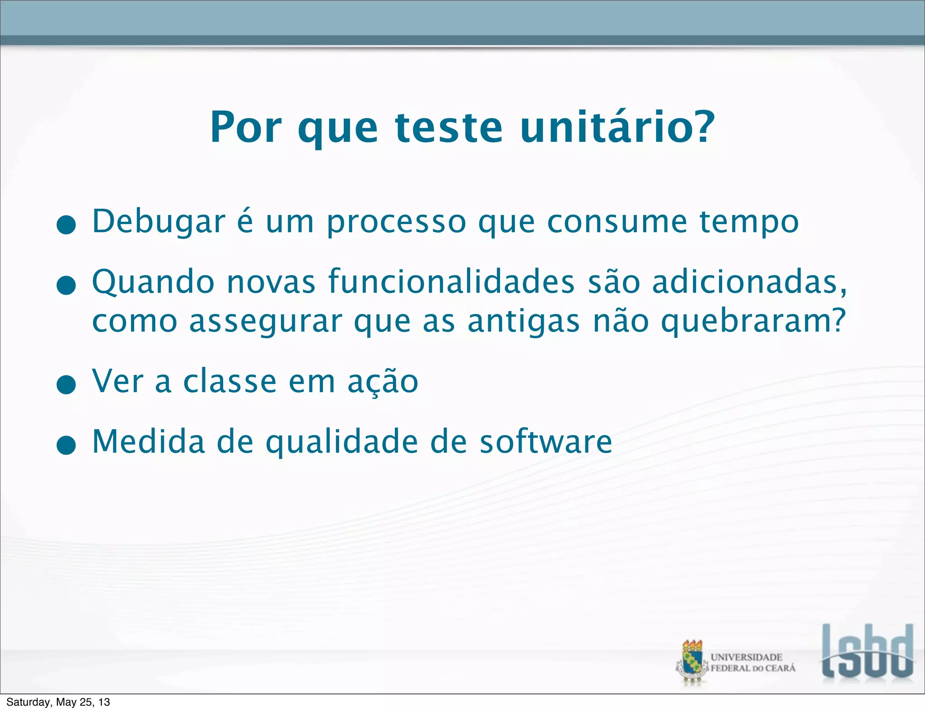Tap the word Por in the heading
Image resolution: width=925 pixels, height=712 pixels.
(246, 127)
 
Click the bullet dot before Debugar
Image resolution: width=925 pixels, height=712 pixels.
(66, 225)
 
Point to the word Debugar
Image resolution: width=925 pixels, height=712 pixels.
(159, 222)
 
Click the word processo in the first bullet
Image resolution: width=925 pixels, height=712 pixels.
(396, 222)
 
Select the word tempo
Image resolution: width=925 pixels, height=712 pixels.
(749, 222)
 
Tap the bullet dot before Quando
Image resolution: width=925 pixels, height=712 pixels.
(66, 285)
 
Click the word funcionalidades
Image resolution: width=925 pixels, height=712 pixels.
(451, 282)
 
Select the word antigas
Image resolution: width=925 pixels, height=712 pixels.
(523, 322)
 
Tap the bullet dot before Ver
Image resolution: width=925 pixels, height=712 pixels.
(66, 384)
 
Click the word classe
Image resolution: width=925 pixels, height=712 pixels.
(230, 382)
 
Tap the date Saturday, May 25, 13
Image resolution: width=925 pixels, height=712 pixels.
(58, 702)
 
